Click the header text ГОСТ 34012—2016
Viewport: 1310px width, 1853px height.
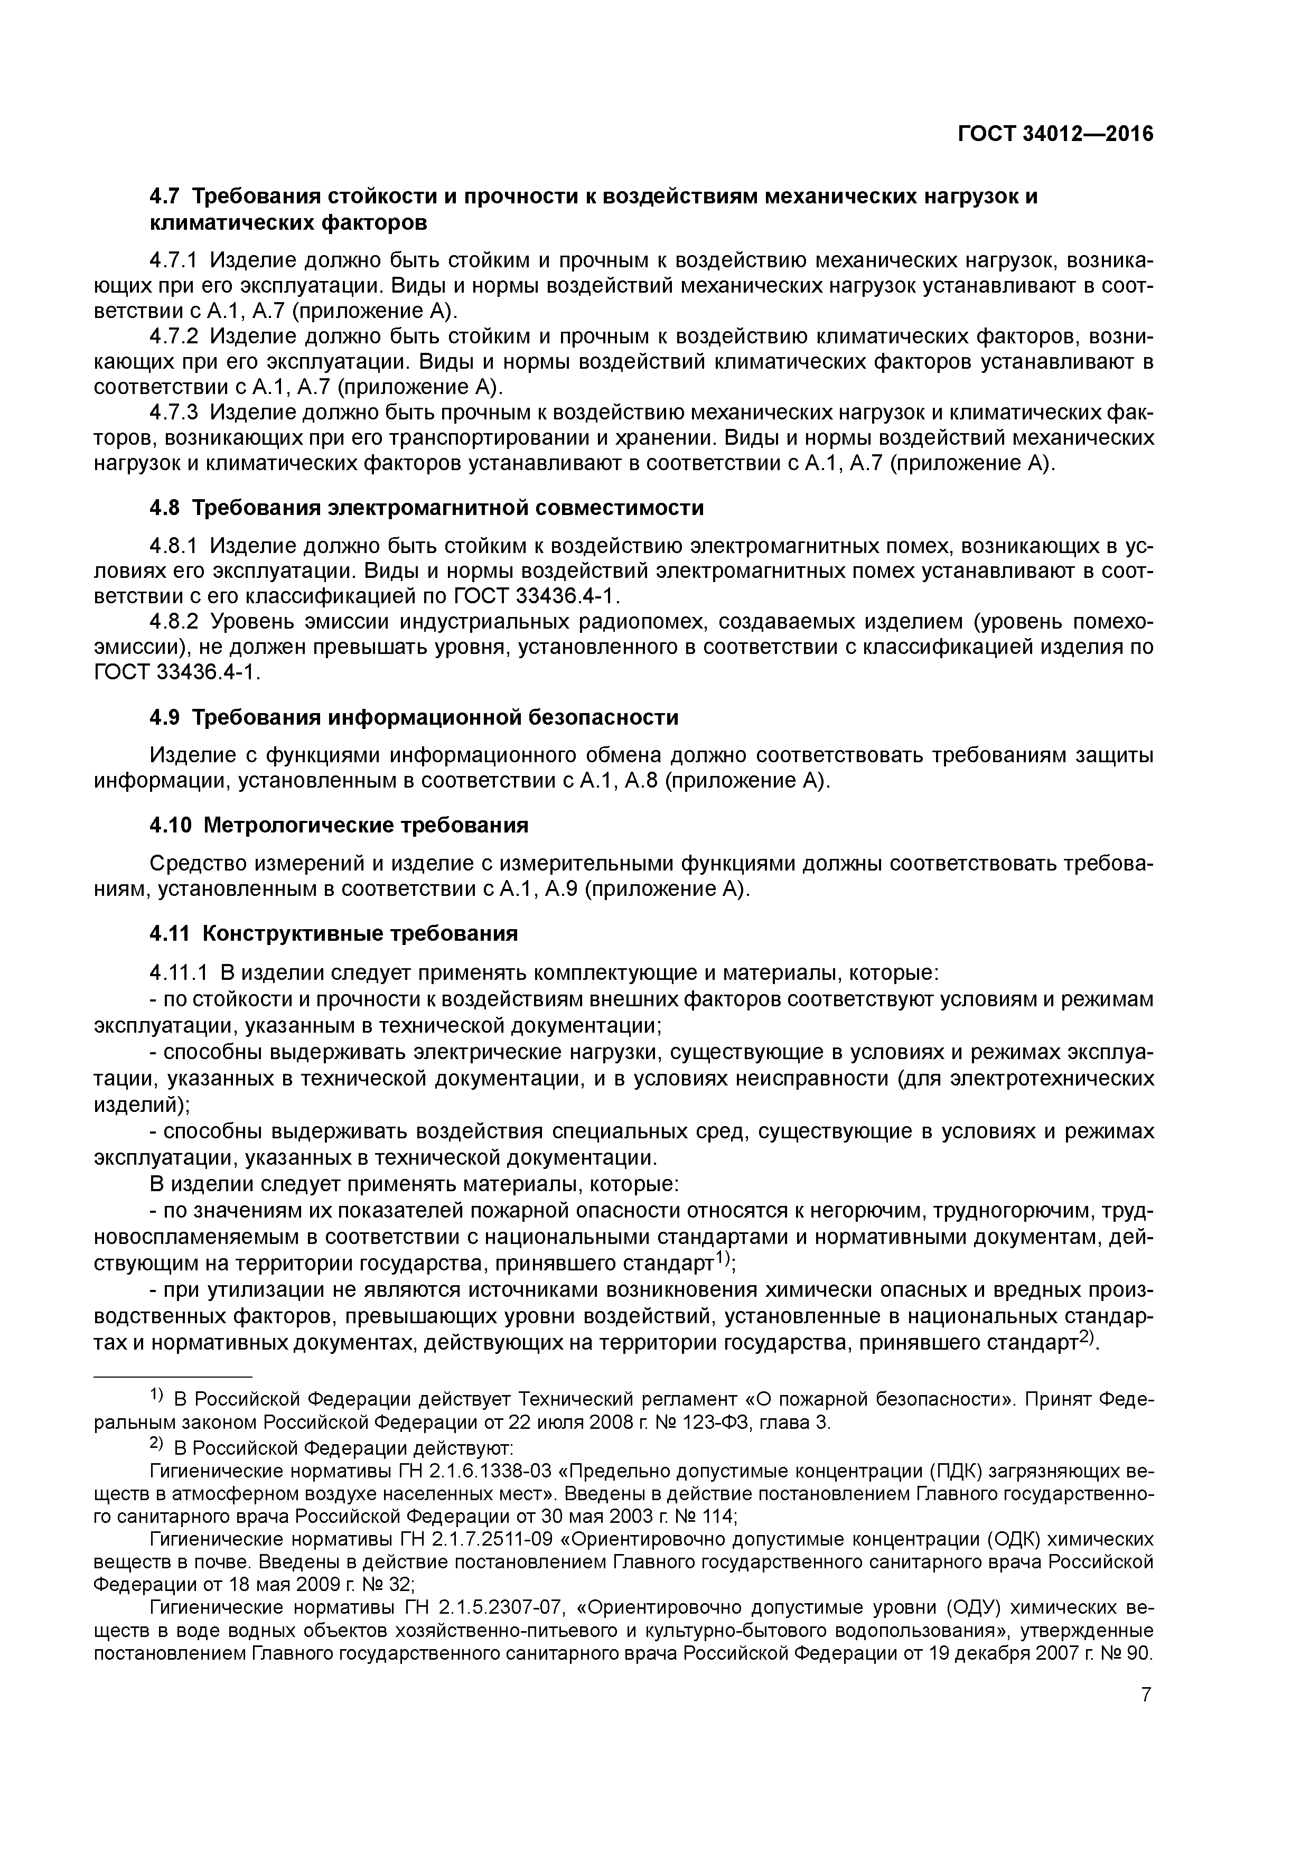click(x=1055, y=134)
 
